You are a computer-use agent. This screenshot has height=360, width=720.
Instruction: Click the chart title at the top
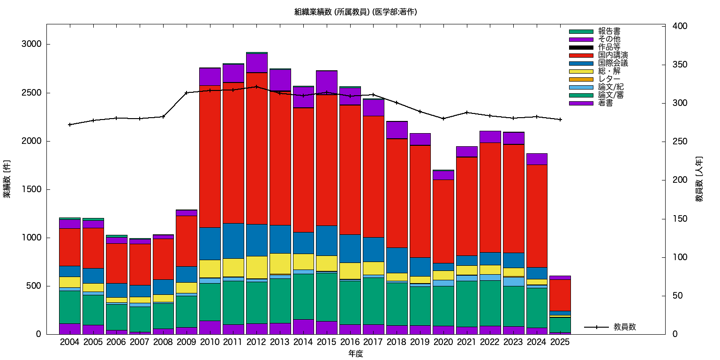pos(355,12)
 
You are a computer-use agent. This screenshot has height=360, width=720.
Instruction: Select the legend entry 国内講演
pos(613,55)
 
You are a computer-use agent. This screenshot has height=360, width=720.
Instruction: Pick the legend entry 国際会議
pos(613,63)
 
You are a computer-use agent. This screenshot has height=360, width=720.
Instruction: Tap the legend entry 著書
pos(605,103)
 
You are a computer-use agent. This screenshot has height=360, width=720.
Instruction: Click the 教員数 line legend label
pos(624,327)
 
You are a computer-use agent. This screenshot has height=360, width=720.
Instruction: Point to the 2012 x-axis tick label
pos(256,342)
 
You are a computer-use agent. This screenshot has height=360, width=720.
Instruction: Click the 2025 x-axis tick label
pos(560,342)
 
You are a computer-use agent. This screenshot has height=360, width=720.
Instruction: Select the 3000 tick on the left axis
pos(32,45)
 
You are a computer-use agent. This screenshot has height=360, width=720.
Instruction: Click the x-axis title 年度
pos(356,354)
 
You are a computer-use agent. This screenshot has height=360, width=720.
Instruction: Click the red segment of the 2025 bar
pos(560,295)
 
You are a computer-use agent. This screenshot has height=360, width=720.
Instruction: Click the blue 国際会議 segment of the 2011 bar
pos(233,240)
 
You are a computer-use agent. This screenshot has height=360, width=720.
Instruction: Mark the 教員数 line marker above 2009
pos(187,93)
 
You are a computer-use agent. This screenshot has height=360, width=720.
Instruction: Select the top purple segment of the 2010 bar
pos(210,76)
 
